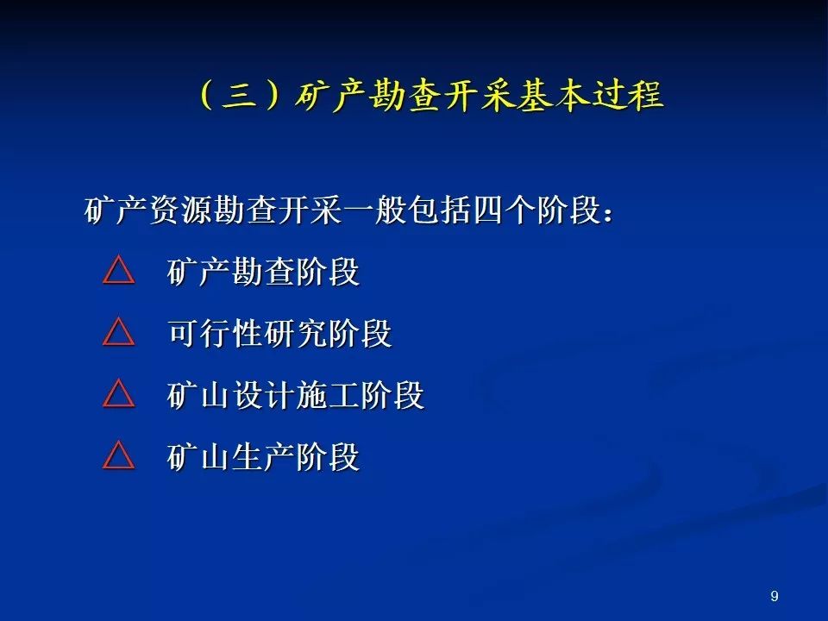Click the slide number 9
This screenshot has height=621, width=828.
[x=775, y=596]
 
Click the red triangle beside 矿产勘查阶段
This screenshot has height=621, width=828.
[x=119, y=270]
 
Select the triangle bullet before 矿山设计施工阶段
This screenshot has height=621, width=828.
[x=119, y=393]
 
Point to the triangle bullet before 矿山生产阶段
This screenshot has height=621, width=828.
[x=119, y=455]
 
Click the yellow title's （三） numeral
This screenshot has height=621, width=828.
[x=241, y=95]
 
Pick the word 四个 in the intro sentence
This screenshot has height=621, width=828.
[x=504, y=210]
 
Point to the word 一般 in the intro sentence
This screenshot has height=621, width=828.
[x=374, y=210]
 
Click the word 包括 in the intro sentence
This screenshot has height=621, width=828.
[x=439, y=210]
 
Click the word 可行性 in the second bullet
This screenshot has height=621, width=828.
[x=216, y=333]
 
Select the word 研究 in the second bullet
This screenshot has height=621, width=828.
[x=297, y=333]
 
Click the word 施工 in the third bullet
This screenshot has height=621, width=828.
[x=329, y=395]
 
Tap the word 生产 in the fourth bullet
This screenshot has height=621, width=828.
[x=264, y=457]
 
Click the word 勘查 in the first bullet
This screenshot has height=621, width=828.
[x=264, y=272]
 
